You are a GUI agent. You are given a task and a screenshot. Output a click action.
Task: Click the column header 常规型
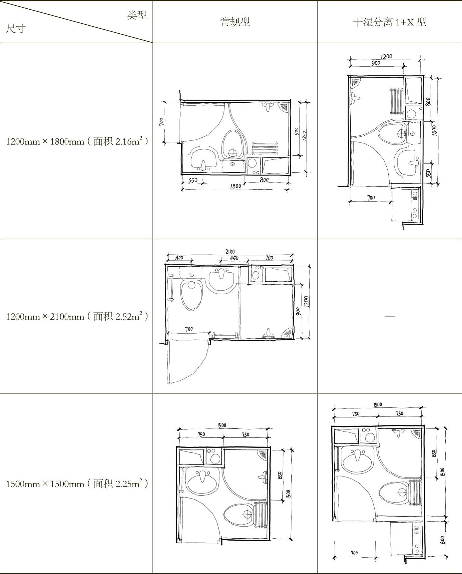[235, 22]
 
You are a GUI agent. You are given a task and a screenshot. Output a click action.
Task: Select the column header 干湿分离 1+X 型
[390, 22]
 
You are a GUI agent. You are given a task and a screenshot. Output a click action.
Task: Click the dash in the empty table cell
[390, 316]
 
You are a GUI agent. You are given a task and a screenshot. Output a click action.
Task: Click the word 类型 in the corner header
[137, 15]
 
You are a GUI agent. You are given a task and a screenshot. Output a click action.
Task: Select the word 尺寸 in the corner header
[16, 29]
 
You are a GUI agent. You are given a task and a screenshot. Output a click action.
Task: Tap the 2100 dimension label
[230, 252]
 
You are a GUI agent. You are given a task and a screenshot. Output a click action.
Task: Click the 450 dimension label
[234, 258]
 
